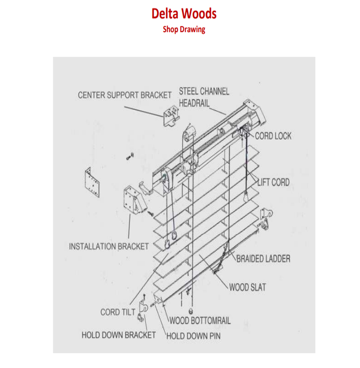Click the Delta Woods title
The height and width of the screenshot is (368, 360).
coord(184,13)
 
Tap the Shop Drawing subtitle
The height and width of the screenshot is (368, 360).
coord(184,29)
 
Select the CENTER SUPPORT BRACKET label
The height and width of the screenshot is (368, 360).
coord(125,95)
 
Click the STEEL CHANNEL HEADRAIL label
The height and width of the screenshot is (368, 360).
coord(204,97)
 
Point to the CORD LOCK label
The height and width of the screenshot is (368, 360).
coord(273,136)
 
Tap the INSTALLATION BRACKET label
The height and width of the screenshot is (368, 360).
coord(108,246)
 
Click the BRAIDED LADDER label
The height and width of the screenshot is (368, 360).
coord(263,258)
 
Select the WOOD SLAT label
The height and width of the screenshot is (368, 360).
coord(247,288)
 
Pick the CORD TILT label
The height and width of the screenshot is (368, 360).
coord(117,312)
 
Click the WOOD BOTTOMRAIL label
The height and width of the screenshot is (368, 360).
coord(200,321)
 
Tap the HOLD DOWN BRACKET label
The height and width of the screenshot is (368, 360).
coord(118,335)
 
